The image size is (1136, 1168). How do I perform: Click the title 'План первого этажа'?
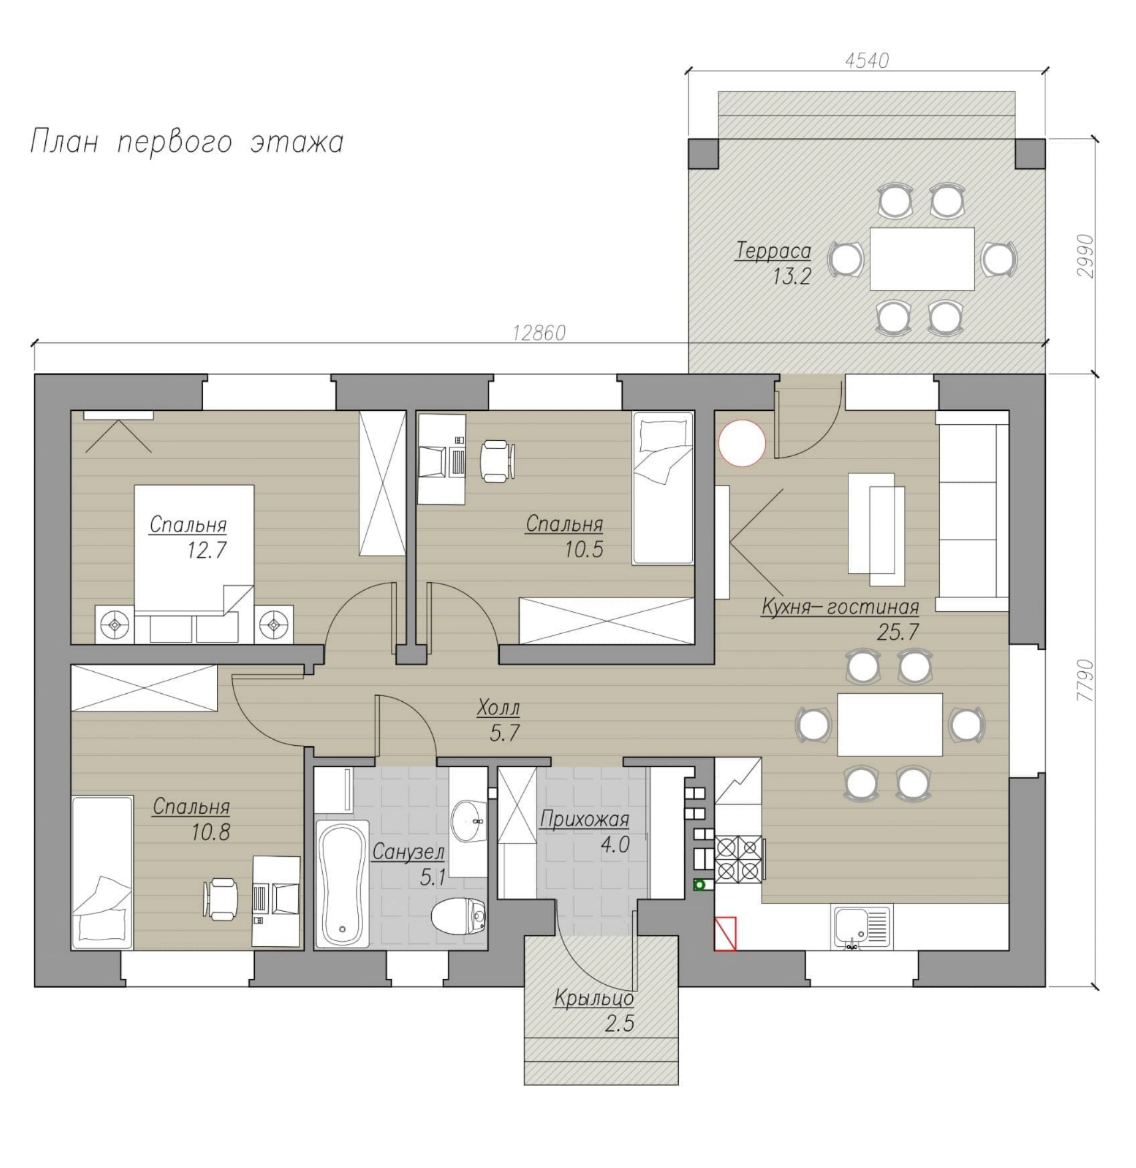pos(186,143)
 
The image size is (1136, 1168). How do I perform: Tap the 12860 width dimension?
pos(539,332)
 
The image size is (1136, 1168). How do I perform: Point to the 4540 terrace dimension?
pos(867,61)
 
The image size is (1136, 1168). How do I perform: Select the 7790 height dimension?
pos(1085,680)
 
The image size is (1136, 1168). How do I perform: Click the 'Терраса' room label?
pos(773,251)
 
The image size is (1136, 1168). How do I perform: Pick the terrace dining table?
pos(922,259)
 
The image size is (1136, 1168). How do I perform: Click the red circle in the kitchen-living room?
pos(742,443)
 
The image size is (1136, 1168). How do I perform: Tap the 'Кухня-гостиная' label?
pos(840,607)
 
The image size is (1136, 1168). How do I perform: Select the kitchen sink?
pos(861,926)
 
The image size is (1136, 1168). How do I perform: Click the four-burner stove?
pos(739,859)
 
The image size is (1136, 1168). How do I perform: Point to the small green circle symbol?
pos(699,885)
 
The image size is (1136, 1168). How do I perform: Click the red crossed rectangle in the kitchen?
pos(725,934)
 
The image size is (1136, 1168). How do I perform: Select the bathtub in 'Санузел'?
pos(342,884)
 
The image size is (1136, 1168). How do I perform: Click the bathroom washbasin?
pos(469,822)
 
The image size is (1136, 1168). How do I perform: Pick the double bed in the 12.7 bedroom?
pos(194,564)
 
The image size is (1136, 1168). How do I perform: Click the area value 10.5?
pos(584,550)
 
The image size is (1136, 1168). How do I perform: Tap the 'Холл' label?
pos(498,707)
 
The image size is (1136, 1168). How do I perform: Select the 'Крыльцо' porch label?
pos(594,999)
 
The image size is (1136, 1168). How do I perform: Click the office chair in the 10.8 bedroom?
pos(221,898)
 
